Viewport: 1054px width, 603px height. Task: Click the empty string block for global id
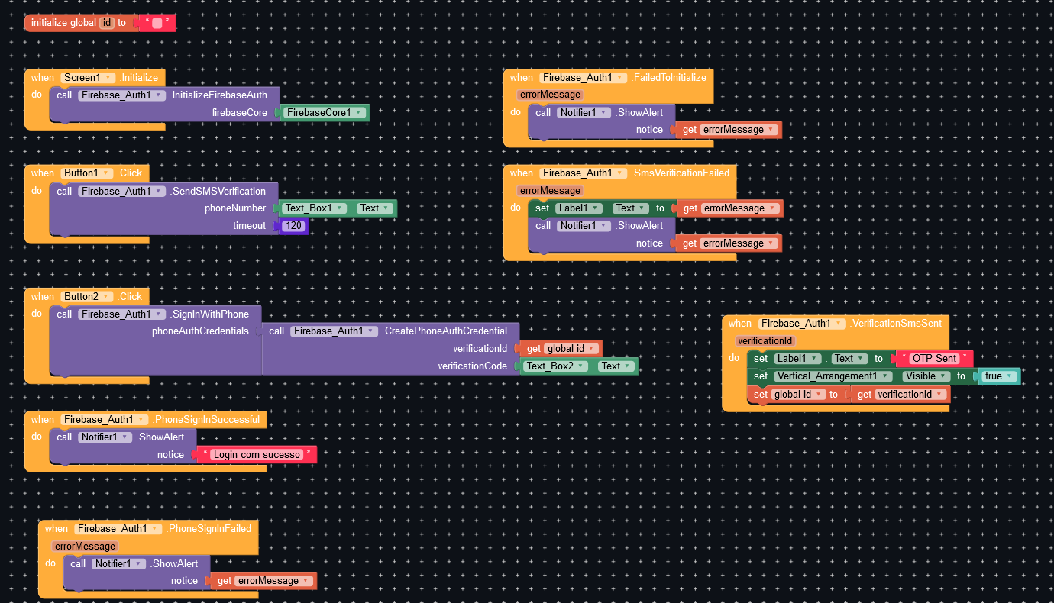(157, 23)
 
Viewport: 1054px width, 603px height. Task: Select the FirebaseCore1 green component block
(325, 113)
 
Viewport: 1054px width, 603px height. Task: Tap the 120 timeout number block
(293, 226)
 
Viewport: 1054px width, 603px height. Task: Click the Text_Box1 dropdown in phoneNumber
(314, 208)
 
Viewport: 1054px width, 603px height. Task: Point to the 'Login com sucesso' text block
(257, 455)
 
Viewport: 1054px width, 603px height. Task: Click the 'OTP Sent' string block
(935, 359)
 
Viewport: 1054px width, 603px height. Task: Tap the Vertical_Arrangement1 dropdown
(833, 376)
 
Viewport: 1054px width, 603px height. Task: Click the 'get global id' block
(561, 349)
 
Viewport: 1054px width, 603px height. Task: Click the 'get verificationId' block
(900, 395)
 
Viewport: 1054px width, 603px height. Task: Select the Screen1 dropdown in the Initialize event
(88, 78)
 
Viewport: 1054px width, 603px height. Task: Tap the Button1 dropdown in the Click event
(86, 173)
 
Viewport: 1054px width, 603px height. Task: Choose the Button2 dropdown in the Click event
(86, 297)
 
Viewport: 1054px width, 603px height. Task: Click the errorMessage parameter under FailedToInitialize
(550, 95)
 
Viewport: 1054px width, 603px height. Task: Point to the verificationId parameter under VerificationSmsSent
(765, 341)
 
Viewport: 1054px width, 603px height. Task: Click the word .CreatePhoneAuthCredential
(445, 331)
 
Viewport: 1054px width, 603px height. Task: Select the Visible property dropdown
(925, 376)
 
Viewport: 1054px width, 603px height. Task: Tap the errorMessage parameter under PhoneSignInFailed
(86, 546)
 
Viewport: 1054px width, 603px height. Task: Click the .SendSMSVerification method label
(218, 192)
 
